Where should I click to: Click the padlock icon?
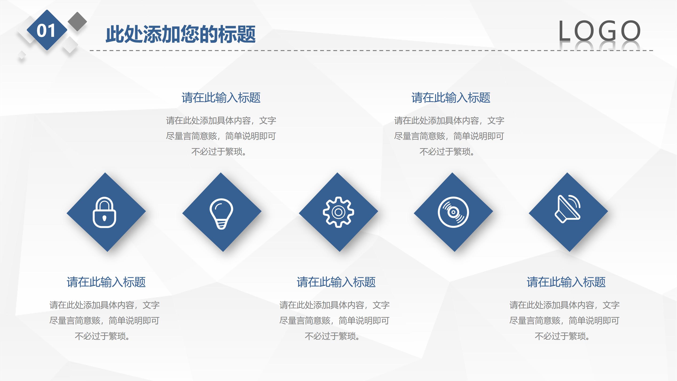pyautogui.click(x=104, y=212)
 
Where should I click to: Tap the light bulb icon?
pyautogui.click(x=221, y=214)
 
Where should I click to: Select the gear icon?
pyautogui.click(x=338, y=212)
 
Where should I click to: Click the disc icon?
pyautogui.click(x=453, y=212)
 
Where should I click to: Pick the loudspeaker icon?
pyautogui.click(x=568, y=209)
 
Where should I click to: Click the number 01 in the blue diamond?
pyautogui.click(x=46, y=31)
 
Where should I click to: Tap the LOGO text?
pyautogui.click(x=599, y=31)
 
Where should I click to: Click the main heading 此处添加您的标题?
pyautogui.click(x=181, y=34)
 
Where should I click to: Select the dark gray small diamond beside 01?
pyautogui.click(x=77, y=21)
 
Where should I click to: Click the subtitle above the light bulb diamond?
pyautogui.click(x=221, y=98)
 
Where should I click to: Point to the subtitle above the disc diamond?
pyautogui.click(x=451, y=98)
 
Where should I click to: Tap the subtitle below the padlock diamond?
pyautogui.click(x=106, y=282)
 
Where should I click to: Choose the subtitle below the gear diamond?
pyautogui.click(x=336, y=282)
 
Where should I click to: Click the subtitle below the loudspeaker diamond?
pyautogui.click(x=566, y=282)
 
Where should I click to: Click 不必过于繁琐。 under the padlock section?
pyautogui.click(x=103, y=336)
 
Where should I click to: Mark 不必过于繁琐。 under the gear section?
pyautogui.click(x=333, y=336)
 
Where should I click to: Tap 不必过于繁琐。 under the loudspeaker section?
pyautogui.click(x=563, y=336)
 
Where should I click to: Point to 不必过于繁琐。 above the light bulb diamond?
pyautogui.click(x=219, y=152)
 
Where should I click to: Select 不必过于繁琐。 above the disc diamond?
pyautogui.click(x=447, y=152)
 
